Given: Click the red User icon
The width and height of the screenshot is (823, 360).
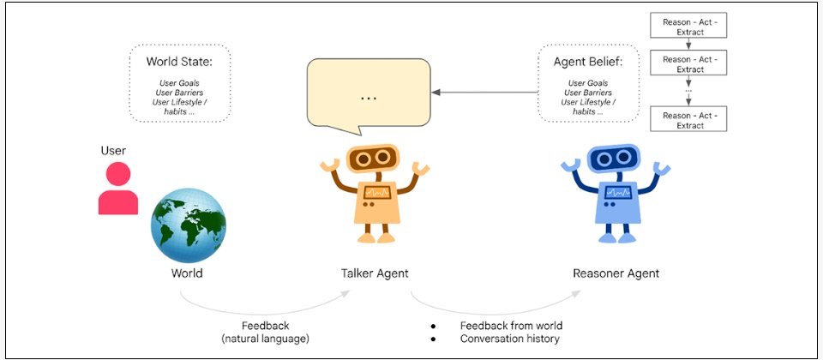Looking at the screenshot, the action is point(118,188).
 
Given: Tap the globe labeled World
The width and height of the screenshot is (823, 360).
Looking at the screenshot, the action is point(189,225).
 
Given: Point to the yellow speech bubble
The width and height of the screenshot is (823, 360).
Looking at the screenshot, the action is point(369,94).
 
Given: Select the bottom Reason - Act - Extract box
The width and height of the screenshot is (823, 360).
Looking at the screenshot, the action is point(688,120).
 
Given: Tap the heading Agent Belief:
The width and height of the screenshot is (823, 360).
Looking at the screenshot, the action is point(588,62).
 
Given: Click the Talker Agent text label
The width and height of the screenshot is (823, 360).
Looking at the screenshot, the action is point(375,273).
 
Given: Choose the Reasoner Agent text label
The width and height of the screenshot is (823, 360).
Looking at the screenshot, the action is point(616,273).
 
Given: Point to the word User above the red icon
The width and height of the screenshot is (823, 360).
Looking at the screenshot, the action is point(113,151).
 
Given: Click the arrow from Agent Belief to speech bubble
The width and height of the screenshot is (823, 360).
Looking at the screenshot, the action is point(485,93).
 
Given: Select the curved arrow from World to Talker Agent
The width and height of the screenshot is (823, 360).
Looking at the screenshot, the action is point(264,307).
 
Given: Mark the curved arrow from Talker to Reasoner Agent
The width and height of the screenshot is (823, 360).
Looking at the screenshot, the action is point(496,307).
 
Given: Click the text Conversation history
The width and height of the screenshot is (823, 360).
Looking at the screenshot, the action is point(509,339).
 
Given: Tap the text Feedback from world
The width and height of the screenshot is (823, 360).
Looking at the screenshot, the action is point(511,326).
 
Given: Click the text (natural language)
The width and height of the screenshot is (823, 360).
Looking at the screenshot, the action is point(265,339).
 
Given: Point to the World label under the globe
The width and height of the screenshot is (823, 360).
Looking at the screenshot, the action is point(186,273).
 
